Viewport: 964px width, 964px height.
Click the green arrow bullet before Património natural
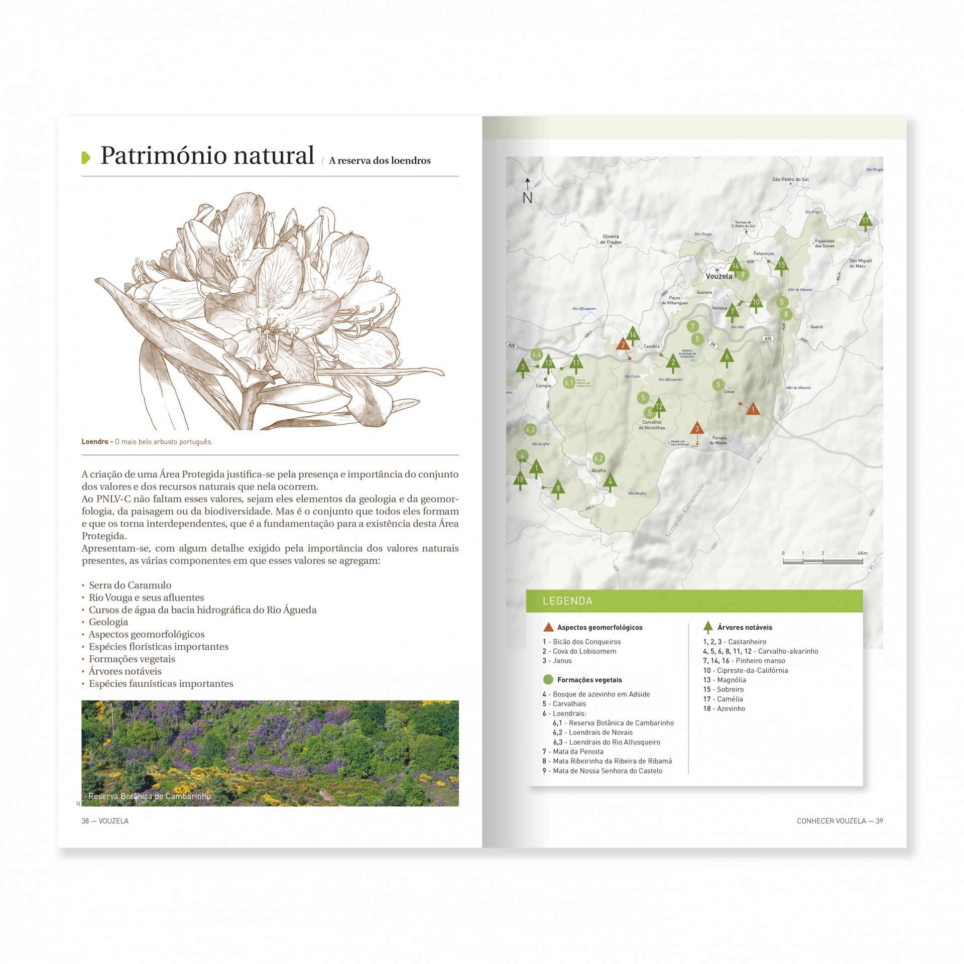86,157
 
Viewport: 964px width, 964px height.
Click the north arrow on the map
527,191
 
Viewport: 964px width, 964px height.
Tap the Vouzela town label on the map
719,276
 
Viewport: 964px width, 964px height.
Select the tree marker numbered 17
865,221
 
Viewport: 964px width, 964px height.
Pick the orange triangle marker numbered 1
752,410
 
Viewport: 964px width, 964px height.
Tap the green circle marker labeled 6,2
598,458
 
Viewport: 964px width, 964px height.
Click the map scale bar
822,561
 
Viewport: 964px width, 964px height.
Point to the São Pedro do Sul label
790,179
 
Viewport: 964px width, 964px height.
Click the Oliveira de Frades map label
611,239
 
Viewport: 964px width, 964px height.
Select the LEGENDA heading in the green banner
567,601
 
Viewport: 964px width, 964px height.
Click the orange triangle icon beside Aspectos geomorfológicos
548,627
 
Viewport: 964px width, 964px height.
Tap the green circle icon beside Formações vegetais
548,680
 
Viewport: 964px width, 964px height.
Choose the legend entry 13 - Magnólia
724,680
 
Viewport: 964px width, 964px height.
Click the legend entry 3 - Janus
557,661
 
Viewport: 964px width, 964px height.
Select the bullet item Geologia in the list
108,622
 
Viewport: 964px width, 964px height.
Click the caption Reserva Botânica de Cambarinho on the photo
149,796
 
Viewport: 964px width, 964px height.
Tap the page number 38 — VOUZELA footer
105,821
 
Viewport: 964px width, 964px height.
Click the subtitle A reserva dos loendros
380,161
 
